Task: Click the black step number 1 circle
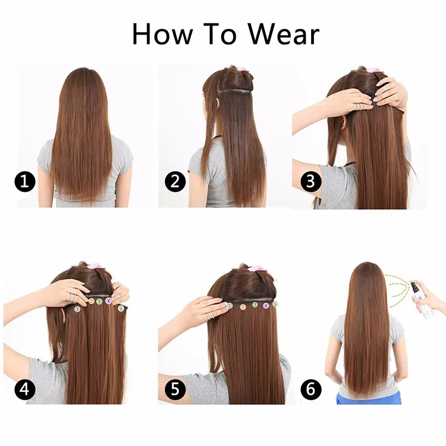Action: [25, 181]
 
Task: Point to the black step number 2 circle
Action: [175, 181]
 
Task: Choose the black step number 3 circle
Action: [311, 181]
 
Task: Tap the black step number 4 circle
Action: [25, 389]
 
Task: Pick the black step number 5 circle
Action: [175, 389]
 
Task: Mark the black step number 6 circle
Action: [311, 389]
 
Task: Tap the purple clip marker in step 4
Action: [108, 300]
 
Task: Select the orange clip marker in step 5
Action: [243, 307]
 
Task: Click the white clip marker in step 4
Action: [77, 309]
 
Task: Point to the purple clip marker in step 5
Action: [266, 306]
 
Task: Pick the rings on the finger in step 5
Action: [211, 315]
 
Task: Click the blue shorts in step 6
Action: [369, 397]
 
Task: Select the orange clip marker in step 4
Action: [91, 301]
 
